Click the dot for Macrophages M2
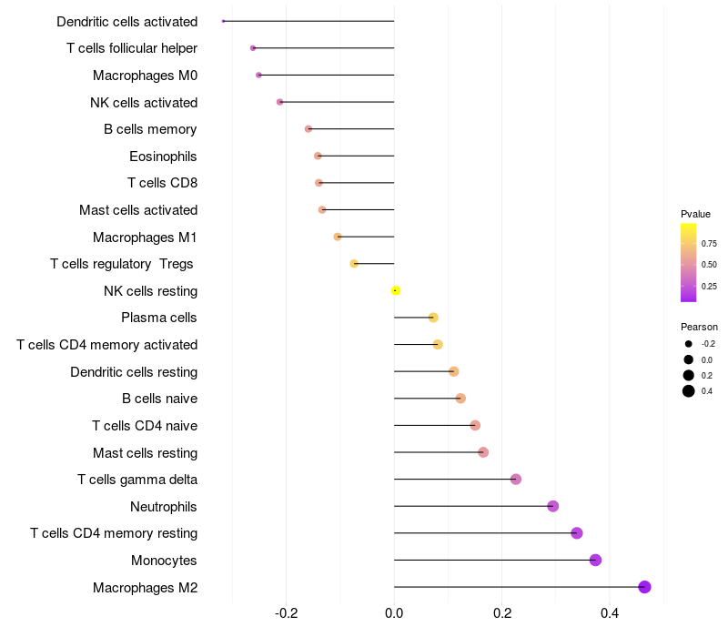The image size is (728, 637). click(644, 587)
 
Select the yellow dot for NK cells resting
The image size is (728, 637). click(395, 290)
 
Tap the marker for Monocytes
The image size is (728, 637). click(595, 560)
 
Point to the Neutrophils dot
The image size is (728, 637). click(552, 506)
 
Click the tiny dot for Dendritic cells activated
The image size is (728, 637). click(223, 21)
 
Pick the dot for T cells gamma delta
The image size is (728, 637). click(516, 480)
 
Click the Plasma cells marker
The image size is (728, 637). click(433, 318)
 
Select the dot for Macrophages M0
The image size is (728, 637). click(258, 76)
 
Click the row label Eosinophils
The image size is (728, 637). click(163, 157)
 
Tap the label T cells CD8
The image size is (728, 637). click(162, 183)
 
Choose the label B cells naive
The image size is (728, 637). click(159, 399)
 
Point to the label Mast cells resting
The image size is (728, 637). click(145, 453)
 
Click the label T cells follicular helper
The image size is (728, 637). click(132, 48)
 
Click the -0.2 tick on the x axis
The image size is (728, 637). click(286, 613)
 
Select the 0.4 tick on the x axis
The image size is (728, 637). click(610, 613)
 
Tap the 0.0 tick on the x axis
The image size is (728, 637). click(394, 613)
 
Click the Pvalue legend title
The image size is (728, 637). click(695, 214)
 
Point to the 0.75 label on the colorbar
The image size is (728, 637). click(709, 244)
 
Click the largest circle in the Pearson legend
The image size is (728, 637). click(689, 391)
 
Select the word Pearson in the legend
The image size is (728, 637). click(699, 327)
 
